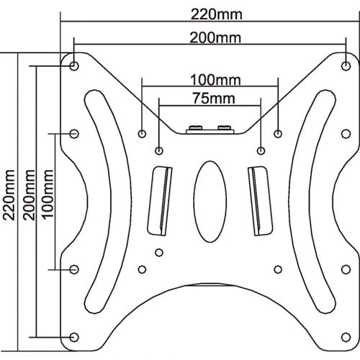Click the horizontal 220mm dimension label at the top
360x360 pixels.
tap(217, 14)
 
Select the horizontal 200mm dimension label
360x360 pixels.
tap(215, 38)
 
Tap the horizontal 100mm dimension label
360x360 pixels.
tap(215, 80)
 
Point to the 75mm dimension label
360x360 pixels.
tap(214, 99)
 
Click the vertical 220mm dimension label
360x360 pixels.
tap(9, 195)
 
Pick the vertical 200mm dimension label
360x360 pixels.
tap(30, 195)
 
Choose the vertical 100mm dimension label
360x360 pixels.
tap(48, 194)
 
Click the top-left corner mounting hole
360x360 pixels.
tap(74, 65)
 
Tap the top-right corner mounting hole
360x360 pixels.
tap(346, 66)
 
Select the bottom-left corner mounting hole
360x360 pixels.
tap(74, 337)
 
